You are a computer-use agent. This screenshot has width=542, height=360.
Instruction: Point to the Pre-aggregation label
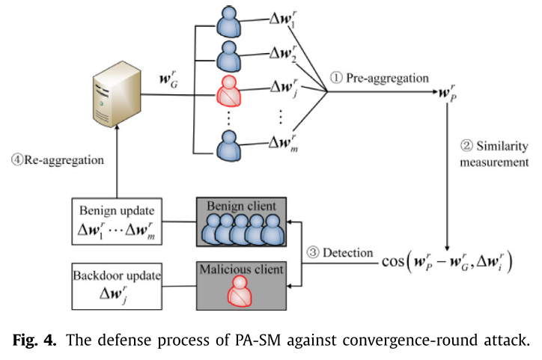[383, 77]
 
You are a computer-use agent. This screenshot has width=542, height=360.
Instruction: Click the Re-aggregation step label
[56, 159]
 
